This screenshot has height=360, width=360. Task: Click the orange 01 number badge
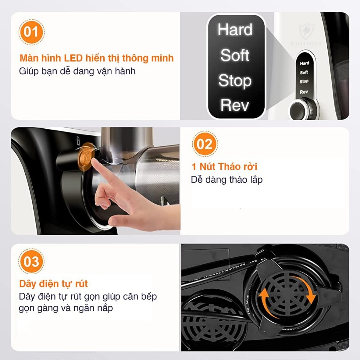[x=31, y=32]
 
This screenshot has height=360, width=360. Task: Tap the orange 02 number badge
[x=205, y=144]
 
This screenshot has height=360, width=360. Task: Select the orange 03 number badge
[x=31, y=262]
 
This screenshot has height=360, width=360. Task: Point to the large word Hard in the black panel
[x=235, y=30]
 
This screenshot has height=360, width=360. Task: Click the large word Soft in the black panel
[x=235, y=56]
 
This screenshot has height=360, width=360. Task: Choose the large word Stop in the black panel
[x=235, y=81]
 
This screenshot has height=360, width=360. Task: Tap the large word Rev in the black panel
[x=235, y=105]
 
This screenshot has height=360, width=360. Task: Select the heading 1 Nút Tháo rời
[x=224, y=166]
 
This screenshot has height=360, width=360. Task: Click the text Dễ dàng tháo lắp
[x=227, y=180]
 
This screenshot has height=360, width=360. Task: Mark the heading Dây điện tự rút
[x=53, y=283]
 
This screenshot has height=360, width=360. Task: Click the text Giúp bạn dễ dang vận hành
[x=77, y=71]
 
